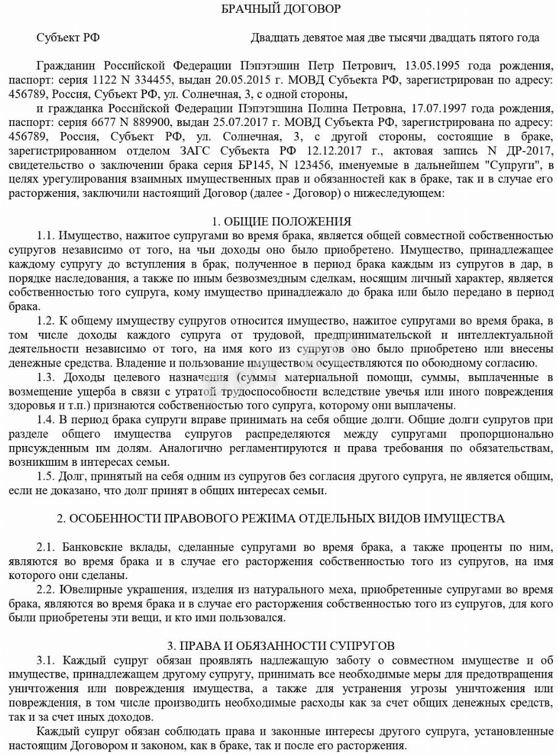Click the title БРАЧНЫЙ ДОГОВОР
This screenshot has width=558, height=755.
pos(281,9)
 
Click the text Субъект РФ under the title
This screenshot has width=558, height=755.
pos(68,38)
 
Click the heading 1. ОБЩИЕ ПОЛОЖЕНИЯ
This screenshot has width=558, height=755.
pos(282,221)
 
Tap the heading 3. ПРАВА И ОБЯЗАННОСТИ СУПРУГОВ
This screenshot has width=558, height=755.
pos(281,646)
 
